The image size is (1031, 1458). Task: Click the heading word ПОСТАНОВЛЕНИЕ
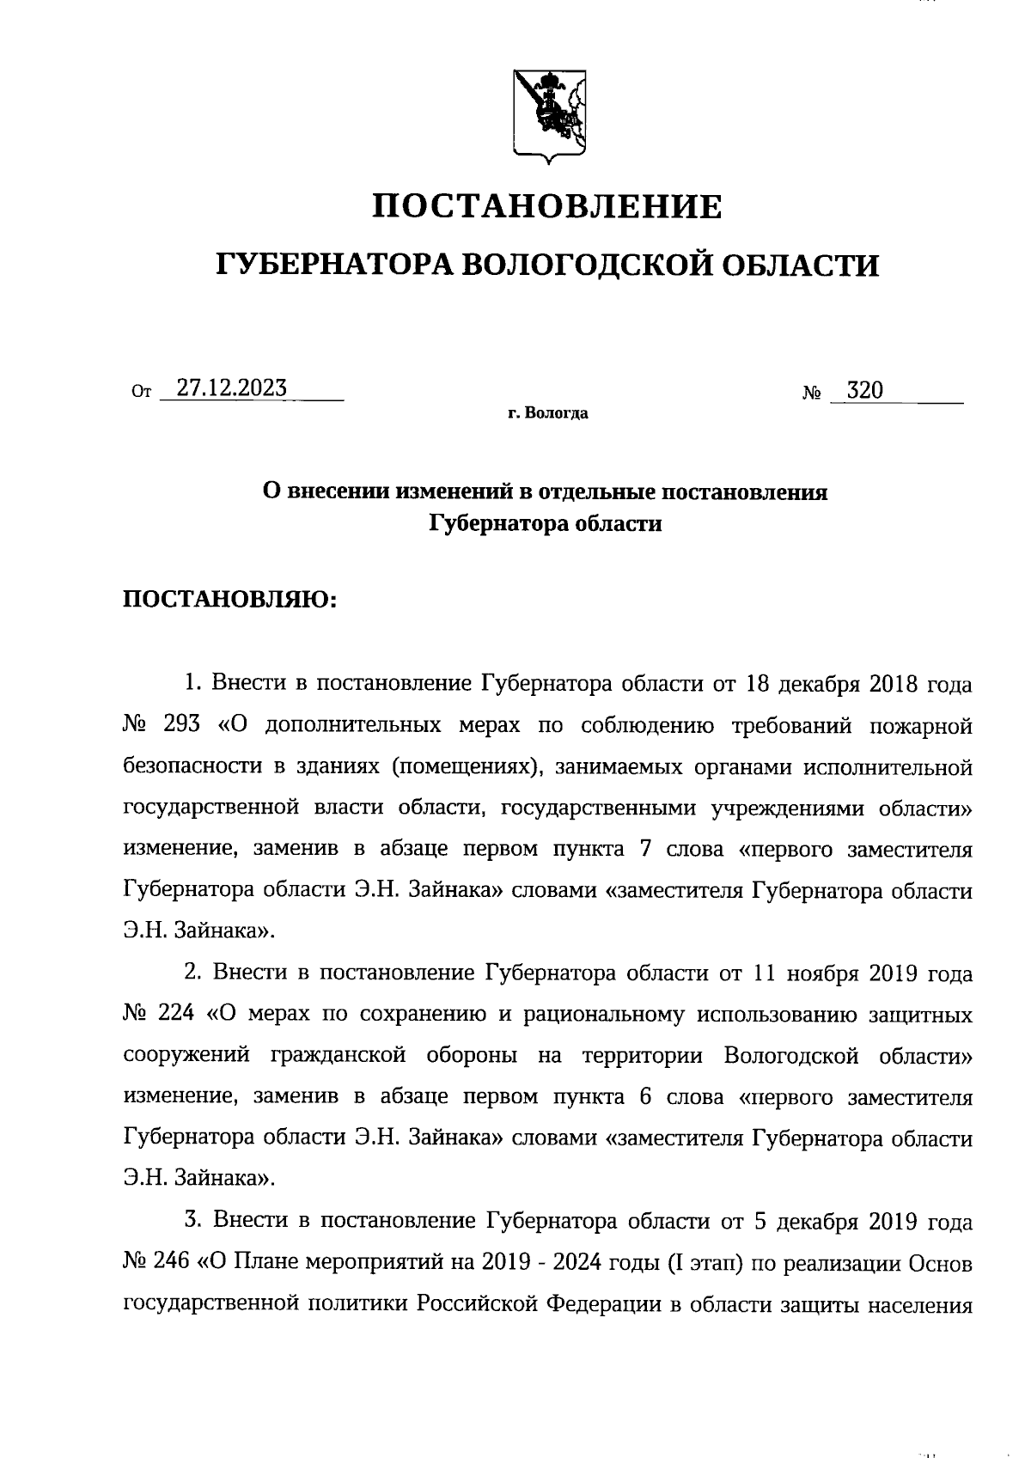(547, 207)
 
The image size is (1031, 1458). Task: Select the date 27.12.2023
(231, 388)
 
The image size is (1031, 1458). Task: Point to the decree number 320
(863, 391)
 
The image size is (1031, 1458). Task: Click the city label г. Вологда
(547, 414)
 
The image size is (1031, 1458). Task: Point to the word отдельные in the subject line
(598, 492)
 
